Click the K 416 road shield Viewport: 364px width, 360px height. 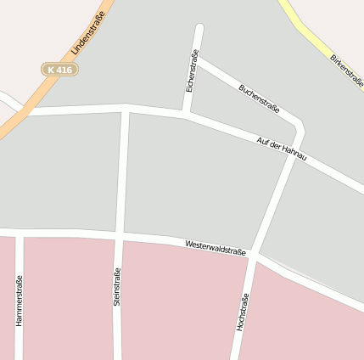tap(59, 69)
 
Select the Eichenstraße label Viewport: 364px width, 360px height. tap(192, 71)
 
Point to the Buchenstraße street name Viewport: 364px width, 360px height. tap(259, 98)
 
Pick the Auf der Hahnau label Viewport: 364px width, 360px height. tap(281, 148)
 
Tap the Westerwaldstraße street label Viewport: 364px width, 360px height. tap(216, 247)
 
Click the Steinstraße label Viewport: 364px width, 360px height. tap(117, 286)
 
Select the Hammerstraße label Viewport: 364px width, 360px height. tap(19, 302)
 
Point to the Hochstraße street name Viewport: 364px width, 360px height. tap(243, 312)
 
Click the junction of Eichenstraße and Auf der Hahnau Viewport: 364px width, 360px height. tap(184, 114)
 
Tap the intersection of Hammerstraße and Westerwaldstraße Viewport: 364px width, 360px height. tap(19, 232)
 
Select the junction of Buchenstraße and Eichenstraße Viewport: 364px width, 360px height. tap(196, 59)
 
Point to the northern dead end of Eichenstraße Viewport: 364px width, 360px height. tap(199, 28)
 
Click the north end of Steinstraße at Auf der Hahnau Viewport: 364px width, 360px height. tap(126, 108)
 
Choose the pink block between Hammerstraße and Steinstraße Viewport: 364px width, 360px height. tap(68, 297)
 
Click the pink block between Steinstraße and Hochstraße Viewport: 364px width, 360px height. tap(178, 301)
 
